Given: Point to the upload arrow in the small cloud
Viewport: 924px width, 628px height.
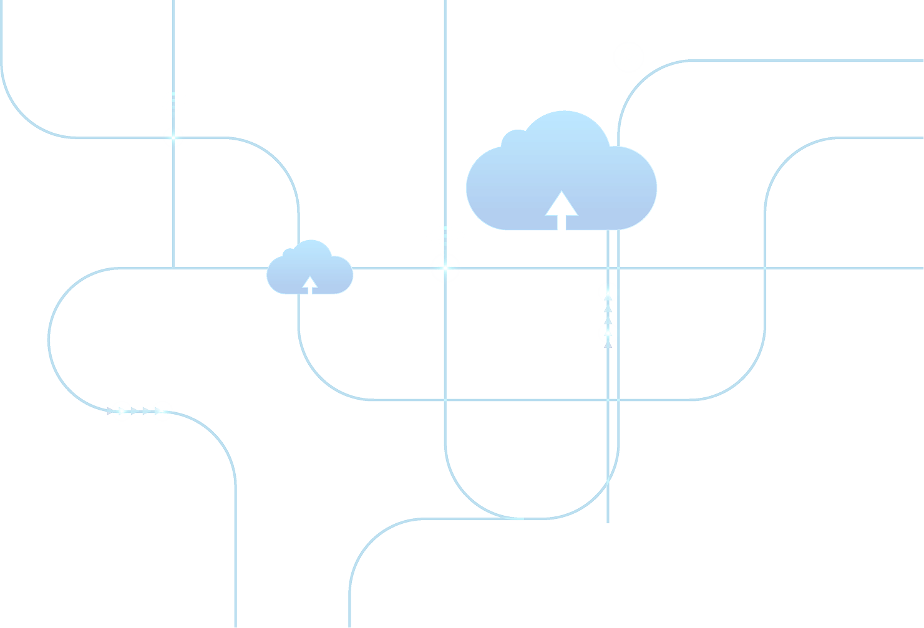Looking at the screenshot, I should pyautogui.click(x=309, y=286).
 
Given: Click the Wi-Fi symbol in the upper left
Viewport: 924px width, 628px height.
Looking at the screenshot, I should pyautogui.click(x=173, y=104).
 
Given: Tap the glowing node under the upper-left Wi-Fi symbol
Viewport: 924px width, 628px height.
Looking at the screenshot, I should pyautogui.click(x=173, y=137).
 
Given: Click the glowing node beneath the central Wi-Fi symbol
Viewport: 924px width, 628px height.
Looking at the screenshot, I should pyautogui.click(x=445, y=269).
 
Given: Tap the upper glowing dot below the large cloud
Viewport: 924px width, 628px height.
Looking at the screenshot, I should pyautogui.click(x=608, y=291).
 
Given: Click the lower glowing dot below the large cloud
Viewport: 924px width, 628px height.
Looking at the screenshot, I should pyautogui.click(x=608, y=333).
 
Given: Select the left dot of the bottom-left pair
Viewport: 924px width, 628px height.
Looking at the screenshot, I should pyautogui.click(x=122, y=411).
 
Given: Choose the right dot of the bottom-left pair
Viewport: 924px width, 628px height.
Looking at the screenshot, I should pyautogui.click(x=162, y=411).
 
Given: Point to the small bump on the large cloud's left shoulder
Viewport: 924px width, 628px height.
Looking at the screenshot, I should pyautogui.click(x=513, y=137).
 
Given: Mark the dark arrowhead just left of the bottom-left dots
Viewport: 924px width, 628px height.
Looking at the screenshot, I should pyautogui.click(x=110, y=410).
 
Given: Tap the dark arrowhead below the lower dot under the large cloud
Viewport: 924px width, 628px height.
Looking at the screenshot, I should pyautogui.click(x=608, y=344).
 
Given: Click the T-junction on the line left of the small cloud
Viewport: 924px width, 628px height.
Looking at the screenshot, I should pyautogui.click(x=173, y=268).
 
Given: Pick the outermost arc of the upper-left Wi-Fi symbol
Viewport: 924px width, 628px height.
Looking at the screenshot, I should pyautogui.click(x=173, y=95).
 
